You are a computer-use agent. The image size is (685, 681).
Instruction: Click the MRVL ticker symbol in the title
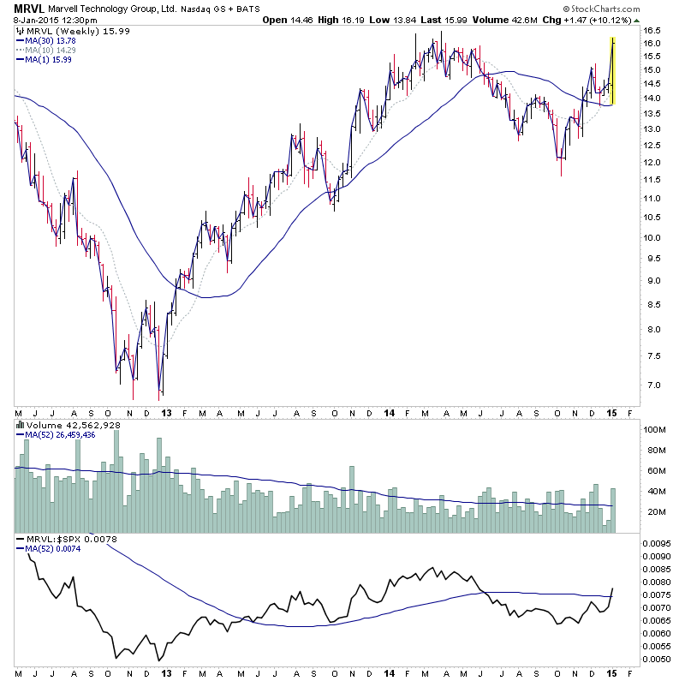point(27,7)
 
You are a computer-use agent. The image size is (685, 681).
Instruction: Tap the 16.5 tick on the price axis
point(654,42)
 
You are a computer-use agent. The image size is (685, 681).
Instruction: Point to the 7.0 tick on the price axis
point(652,385)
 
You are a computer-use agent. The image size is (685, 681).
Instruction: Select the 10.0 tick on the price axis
point(654,237)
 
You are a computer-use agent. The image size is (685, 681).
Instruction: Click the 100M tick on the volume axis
point(656,428)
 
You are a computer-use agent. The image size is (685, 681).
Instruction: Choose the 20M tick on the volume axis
point(654,512)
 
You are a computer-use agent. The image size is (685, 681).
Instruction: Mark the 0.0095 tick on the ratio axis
point(659,543)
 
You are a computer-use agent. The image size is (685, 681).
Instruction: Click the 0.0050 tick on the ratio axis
point(659,659)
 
